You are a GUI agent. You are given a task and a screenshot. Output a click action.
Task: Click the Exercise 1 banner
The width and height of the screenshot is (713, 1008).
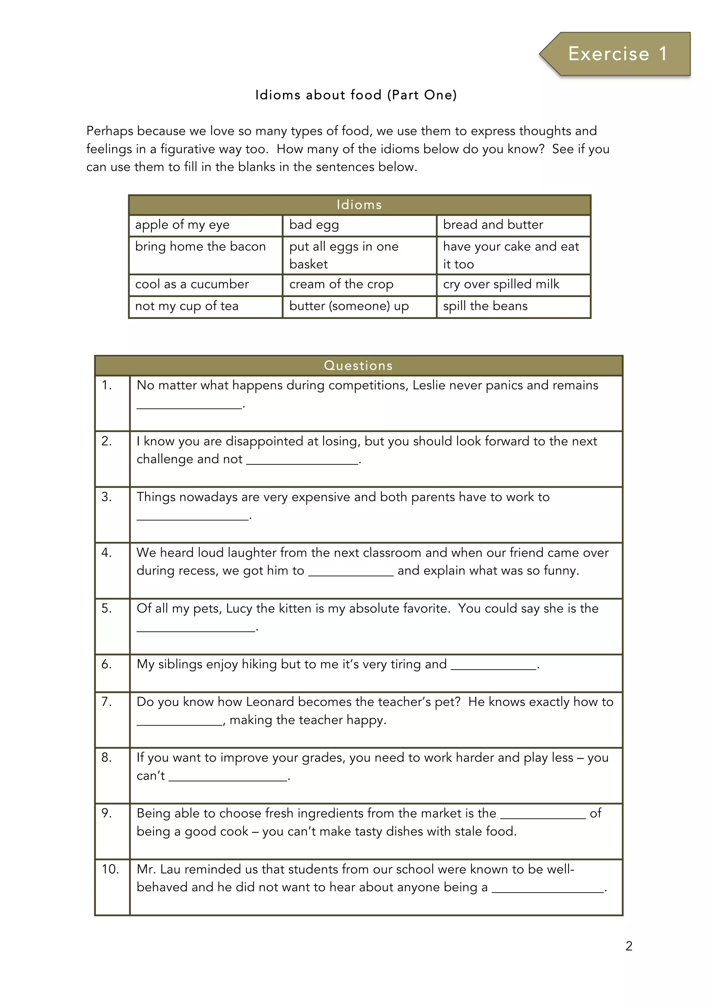point(617,54)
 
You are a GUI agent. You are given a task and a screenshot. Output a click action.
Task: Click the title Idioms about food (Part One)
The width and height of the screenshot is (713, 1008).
point(356,95)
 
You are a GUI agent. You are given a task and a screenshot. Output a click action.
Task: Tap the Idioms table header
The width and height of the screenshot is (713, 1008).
point(359,205)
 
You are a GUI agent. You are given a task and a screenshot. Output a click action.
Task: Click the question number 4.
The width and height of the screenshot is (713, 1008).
point(107,553)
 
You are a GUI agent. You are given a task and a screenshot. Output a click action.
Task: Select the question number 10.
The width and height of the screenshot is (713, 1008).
point(110,869)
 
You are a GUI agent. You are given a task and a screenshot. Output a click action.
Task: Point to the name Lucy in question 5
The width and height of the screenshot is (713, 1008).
point(239,608)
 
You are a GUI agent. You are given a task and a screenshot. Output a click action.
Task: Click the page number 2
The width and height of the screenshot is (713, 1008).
point(629,946)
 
